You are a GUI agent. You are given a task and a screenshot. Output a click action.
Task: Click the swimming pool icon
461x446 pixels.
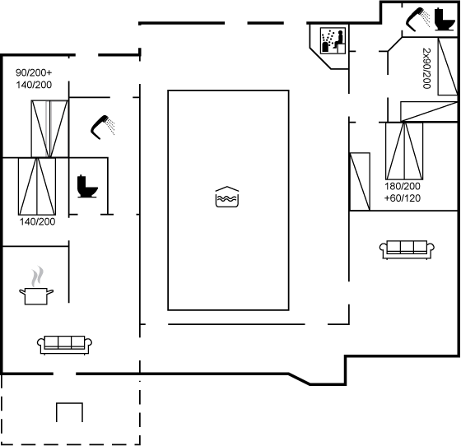227,197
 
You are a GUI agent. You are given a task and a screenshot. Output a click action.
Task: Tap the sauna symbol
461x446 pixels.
333,40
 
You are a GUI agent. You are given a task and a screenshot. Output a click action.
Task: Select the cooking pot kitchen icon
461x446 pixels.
36,296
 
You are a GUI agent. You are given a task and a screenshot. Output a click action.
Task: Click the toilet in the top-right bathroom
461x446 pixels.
444,19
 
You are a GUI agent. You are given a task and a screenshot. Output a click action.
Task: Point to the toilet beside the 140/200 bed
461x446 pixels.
87,187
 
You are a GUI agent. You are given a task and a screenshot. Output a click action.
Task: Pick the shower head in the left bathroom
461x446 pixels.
103,128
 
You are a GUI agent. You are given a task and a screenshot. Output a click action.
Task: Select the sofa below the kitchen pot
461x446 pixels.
65,346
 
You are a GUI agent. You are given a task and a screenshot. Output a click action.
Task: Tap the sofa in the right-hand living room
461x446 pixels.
407,249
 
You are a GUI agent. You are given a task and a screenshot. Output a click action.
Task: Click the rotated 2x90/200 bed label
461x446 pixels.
426,68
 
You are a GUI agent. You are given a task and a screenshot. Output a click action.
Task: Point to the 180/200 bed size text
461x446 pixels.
403,186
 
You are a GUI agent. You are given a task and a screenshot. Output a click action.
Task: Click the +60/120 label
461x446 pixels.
403,198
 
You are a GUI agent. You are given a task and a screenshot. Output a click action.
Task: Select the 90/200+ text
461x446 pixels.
34,72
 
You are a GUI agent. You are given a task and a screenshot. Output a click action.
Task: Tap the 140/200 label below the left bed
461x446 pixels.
37,221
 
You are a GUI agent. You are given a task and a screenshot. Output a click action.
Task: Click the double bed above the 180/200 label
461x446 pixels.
404,151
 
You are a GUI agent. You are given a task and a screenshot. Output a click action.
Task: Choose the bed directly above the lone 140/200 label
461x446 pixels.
37,187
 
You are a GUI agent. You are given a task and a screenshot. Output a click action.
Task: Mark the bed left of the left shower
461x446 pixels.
49,128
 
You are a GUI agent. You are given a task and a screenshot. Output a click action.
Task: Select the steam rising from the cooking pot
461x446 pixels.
37,276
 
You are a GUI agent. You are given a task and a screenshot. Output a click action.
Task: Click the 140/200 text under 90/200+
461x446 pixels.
34,85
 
